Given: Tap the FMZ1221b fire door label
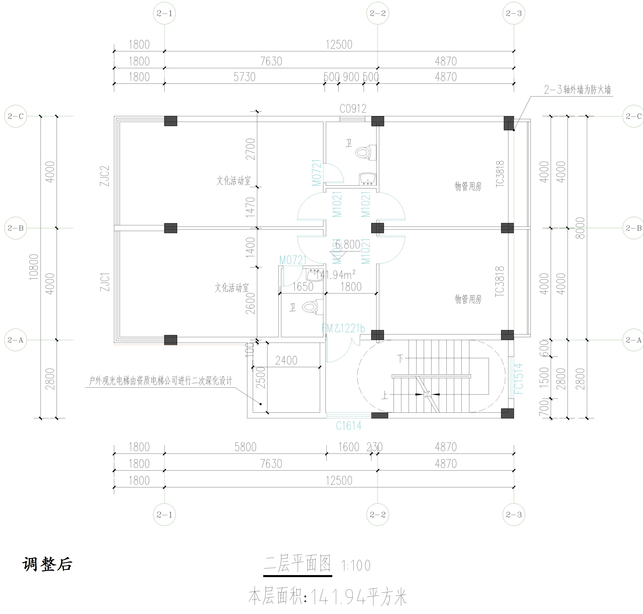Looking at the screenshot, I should point(343,328).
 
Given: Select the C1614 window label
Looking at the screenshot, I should point(349,426).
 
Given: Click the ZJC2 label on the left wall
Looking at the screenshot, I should point(105,176).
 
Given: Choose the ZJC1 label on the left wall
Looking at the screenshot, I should point(105,282).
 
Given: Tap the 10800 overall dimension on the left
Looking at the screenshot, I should point(34,267).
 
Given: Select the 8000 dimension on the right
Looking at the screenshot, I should point(580,228).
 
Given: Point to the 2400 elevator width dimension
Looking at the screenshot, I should point(286,360).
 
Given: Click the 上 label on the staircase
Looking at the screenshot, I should point(385,395).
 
